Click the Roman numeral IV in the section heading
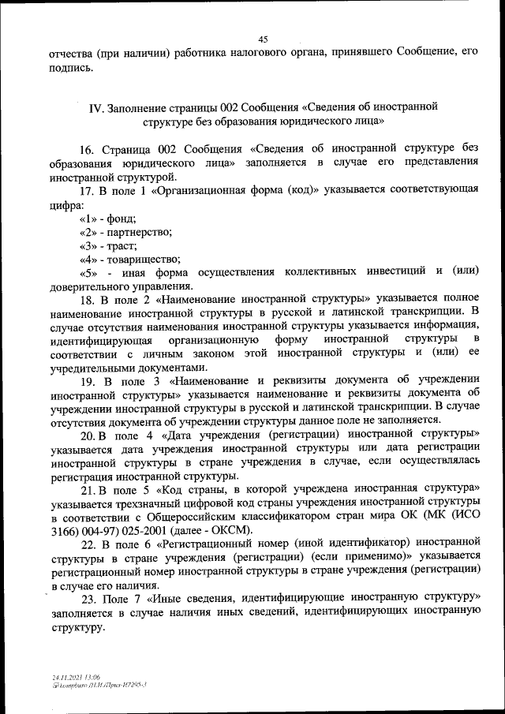pos(96,107)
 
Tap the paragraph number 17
pos(86,192)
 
